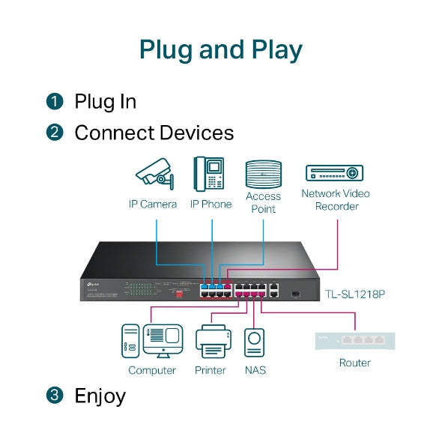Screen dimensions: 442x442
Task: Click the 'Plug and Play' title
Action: click(x=221, y=49)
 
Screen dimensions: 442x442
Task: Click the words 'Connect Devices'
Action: click(x=154, y=133)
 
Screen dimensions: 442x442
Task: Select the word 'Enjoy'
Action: click(x=100, y=396)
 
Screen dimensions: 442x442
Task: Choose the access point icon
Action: click(x=263, y=174)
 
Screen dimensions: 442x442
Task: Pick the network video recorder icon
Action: click(x=334, y=173)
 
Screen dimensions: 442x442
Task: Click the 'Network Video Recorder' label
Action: click(x=335, y=200)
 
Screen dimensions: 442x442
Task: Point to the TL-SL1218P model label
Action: click(x=355, y=294)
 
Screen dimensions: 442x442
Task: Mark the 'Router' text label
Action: click(x=354, y=363)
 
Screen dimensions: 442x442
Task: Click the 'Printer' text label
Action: click(x=211, y=370)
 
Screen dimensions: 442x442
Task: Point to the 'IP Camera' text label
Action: click(x=152, y=205)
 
